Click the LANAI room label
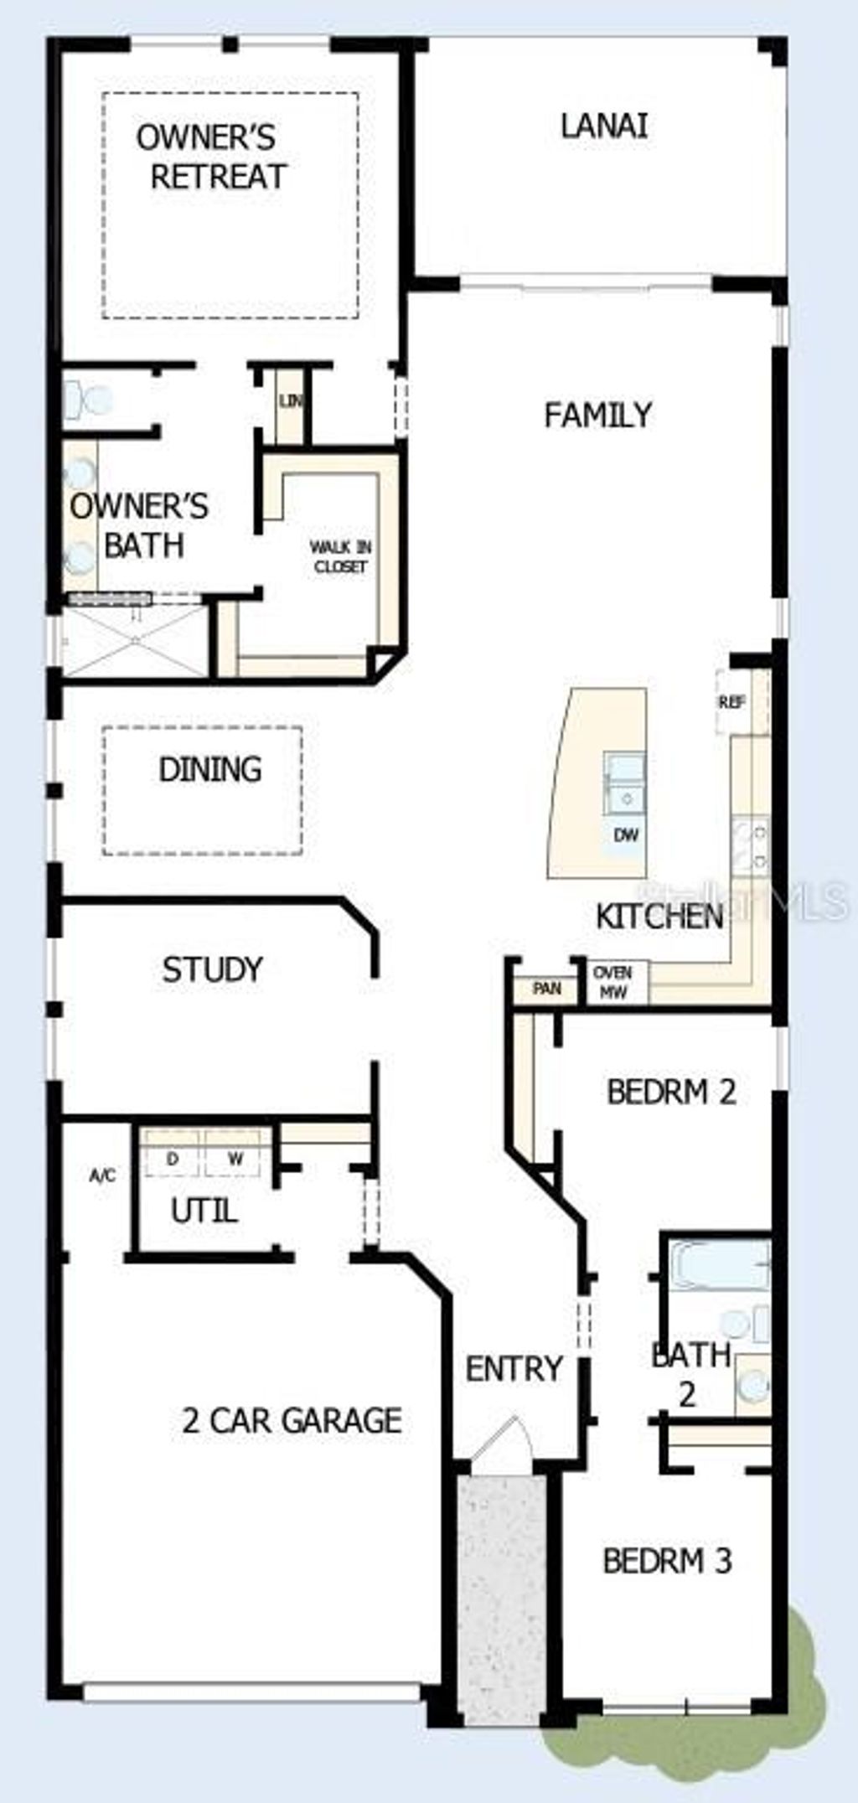603,126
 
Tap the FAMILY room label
597,415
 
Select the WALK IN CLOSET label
340,556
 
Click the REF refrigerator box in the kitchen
732,702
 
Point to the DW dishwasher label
626,834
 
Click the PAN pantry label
547,989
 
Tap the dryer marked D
173,1160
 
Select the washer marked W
235,1160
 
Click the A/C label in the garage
102,1175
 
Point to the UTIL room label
204,1211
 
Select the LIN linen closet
291,402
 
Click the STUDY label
212,969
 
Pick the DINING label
209,769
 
